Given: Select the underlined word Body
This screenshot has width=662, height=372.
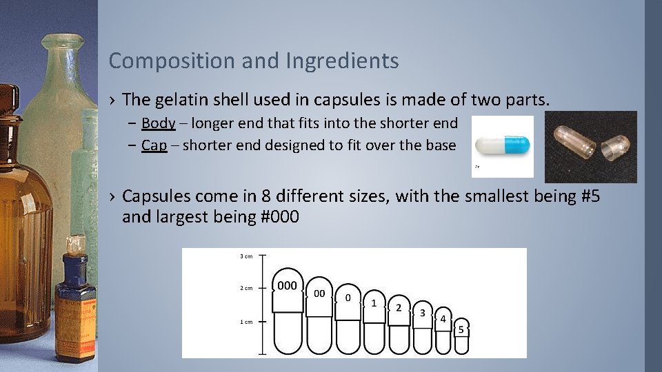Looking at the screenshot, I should point(158,123).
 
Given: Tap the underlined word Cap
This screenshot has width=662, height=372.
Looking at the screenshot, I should point(154,145).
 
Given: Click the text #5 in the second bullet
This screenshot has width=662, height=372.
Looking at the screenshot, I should point(591,197).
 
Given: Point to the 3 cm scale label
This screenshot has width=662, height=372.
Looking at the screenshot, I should point(245,256).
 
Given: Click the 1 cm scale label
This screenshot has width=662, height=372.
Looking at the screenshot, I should point(245,322).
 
